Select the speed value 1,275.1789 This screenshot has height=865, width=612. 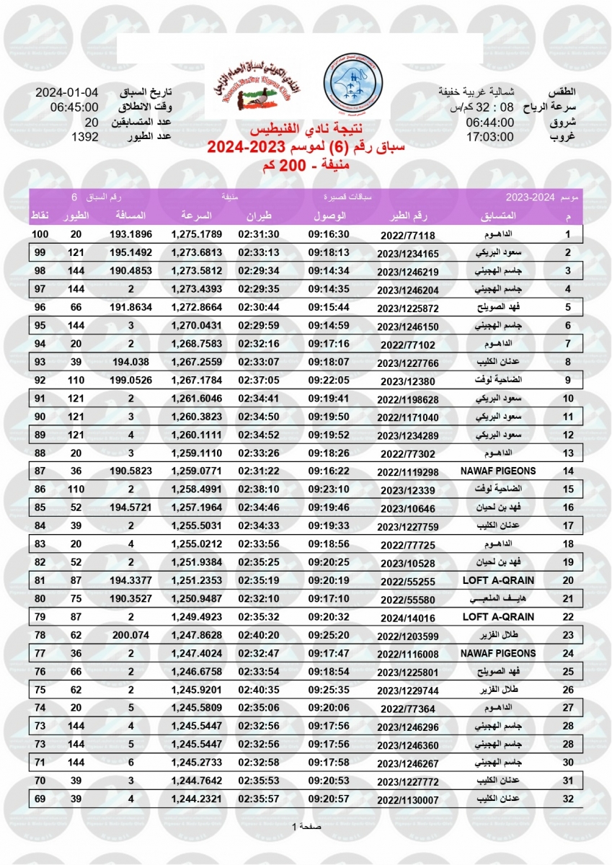(x=197, y=234)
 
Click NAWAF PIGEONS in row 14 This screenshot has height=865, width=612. (x=498, y=471)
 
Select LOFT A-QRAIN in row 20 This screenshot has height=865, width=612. (x=498, y=580)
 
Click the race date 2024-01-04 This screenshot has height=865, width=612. (x=67, y=94)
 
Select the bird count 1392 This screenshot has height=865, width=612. (x=84, y=136)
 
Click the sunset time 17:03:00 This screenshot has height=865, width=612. (x=489, y=136)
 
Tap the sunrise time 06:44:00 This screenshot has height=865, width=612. (x=489, y=123)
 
